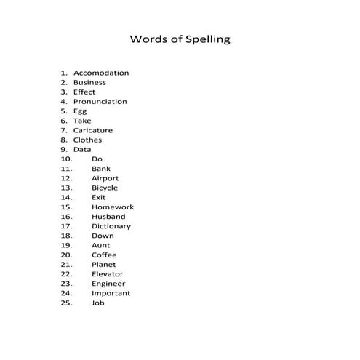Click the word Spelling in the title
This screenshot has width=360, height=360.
point(205,39)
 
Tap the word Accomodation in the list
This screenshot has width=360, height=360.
point(101,73)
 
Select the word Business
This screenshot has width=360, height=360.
point(89,83)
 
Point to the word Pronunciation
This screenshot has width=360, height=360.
point(100,102)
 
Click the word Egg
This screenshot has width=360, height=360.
point(80,112)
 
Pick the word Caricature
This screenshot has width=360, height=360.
point(93,131)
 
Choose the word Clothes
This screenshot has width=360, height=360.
point(87,140)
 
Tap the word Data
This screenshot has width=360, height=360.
point(82,150)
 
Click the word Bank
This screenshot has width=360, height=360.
point(101,169)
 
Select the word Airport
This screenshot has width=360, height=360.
point(105,178)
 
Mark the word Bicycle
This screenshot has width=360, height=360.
point(105,188)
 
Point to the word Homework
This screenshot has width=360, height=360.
point(113,207)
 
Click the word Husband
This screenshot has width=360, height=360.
point(108,217)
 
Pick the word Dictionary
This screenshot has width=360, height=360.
point(111,226)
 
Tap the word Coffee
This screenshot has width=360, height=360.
point(104,255)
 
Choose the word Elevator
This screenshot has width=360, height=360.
point(108,274)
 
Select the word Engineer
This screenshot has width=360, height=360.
point(108,284)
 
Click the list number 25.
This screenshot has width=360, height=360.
point(66,303)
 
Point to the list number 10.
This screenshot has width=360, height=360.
point(66,159)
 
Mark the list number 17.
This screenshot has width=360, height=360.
point(66,226)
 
